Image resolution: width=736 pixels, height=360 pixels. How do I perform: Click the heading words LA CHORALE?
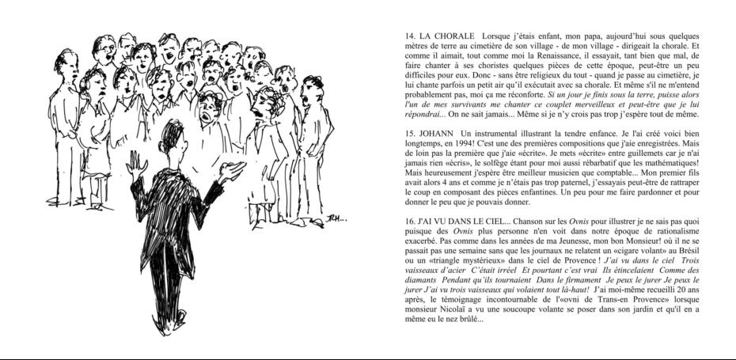[447, 36]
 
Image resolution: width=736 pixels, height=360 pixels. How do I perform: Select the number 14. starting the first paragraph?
[410, 36]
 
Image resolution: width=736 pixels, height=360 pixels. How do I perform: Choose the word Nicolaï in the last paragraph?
[450, 310]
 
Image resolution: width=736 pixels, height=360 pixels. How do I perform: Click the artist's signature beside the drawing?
[336, 218]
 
